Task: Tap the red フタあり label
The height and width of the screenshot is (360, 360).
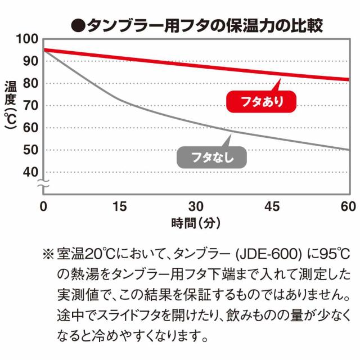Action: pos(260,102)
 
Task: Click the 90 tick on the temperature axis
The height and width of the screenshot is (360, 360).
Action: pos(30,61)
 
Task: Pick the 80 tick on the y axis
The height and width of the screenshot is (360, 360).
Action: pos(30,83)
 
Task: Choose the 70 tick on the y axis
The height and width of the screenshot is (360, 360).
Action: pos(30,105)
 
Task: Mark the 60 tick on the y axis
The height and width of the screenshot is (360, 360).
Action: pos(30,128)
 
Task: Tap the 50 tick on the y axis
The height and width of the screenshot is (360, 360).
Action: pos(30,150)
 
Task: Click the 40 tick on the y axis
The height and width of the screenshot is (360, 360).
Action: pos(30,172)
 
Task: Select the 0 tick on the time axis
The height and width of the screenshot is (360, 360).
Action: pos(43,206)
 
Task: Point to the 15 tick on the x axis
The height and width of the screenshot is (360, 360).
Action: pos(120,206)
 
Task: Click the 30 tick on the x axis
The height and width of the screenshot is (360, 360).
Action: pos(196,206)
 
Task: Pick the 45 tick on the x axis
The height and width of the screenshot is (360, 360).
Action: pos(272,206)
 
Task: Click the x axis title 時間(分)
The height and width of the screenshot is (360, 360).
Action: pos(196,223)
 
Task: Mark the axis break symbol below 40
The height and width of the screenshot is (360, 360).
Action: pos(43,184)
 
